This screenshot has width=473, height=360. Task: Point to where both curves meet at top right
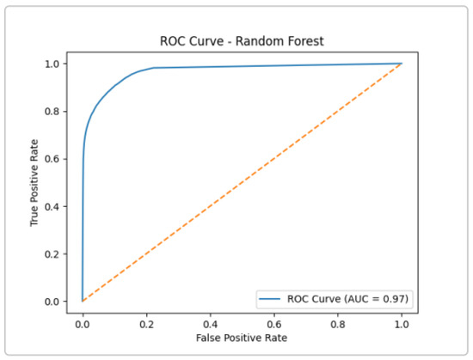click(402, 63)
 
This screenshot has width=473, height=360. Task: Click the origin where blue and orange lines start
click(83, 301)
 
